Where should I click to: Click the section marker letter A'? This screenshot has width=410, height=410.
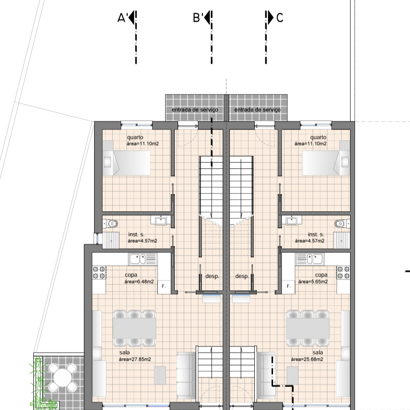point(122,18)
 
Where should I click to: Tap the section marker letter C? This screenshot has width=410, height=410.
point(280,18)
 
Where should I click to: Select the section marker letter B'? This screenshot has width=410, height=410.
point(197,18)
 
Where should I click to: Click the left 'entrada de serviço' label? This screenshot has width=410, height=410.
point(195,110)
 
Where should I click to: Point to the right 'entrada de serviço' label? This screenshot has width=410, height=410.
point(257,110)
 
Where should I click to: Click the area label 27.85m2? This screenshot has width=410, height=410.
point(135,359)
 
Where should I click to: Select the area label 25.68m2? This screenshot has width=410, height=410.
point(307,359)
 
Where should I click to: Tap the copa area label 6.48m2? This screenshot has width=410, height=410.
point(139,282)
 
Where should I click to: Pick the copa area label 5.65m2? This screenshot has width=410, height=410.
point(313,282)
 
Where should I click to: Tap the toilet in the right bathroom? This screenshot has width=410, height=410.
point(342,224)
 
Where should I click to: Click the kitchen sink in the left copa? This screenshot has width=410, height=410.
point(143,259)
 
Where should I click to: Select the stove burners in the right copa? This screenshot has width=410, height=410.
point(343,272)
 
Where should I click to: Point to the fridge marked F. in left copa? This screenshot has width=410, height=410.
point(164,286)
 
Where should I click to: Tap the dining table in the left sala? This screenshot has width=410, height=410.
point(134,328)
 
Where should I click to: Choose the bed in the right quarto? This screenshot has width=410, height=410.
point(326,158)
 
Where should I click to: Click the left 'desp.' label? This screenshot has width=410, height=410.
point(212,276)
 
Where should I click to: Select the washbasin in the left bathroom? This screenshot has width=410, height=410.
point(161,221)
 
